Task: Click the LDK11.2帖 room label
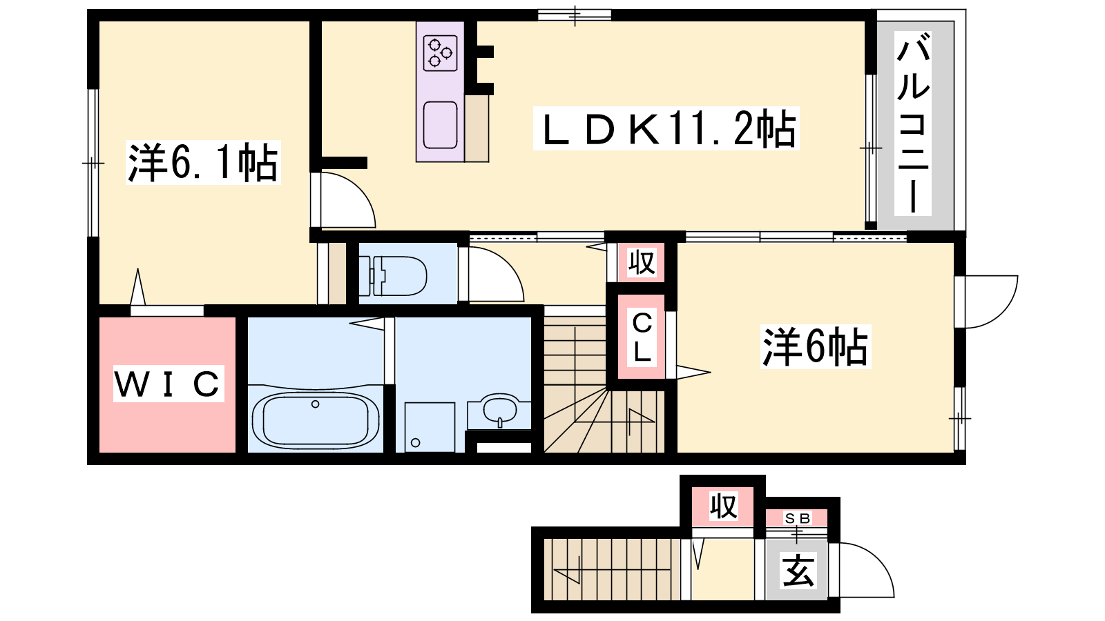666,128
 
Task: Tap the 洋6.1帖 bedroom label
203,162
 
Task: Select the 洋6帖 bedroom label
816,346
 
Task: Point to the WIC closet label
169,384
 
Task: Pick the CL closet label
642,337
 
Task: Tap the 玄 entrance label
798,570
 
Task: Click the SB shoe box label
798,518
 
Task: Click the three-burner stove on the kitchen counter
440,52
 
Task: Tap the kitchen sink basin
440,125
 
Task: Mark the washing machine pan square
430,427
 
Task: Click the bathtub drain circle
315,404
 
